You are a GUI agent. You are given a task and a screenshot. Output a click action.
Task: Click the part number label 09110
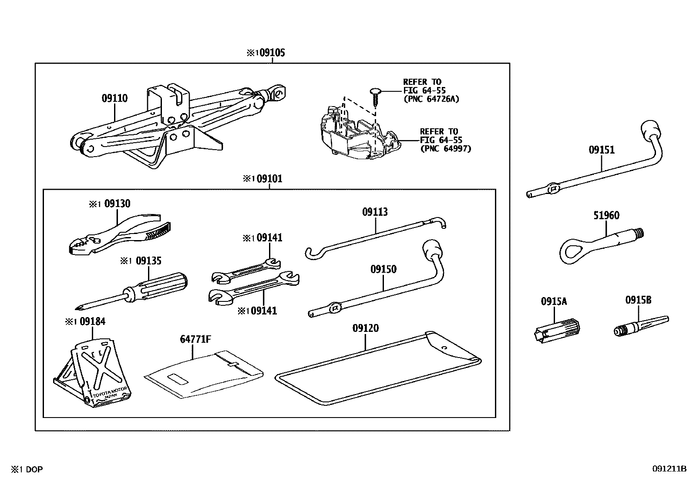pos(114,98)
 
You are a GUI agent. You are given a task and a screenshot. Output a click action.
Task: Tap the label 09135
pos(148,261)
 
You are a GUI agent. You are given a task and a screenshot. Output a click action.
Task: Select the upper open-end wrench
pos(246,271)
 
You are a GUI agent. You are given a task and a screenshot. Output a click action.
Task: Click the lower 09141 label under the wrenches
pos(263,311)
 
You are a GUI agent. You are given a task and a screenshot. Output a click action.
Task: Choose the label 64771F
pos(192,339)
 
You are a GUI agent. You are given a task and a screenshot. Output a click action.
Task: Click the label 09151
pos(602,150)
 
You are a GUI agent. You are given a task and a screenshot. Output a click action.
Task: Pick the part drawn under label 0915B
pos(640,326)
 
